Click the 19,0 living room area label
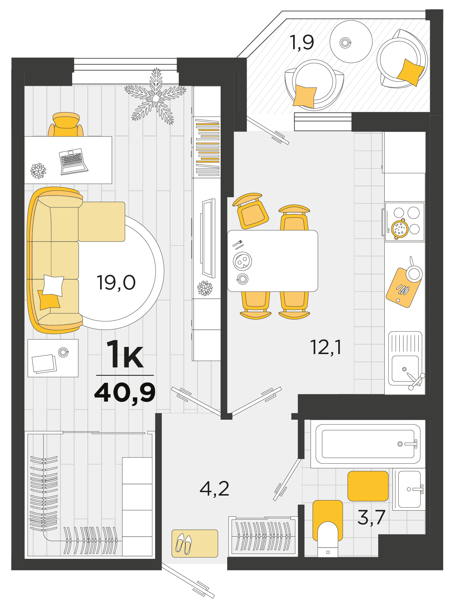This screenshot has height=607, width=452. (x=116, y=283)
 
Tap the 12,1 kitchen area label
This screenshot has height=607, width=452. (x=325, y=347)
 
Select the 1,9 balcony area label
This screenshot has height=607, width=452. (x=302, y=42)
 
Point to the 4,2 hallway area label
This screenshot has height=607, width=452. (x=214, y=489)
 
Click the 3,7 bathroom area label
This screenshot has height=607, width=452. (x=371, y=517)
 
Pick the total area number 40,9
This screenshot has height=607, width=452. (x=125, y=393)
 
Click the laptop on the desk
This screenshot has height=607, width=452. (x=73, y=162)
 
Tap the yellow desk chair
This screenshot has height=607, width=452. (x=66, y=125)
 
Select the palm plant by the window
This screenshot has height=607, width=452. (x=156, y=96)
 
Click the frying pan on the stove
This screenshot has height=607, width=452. (x=399, y=229)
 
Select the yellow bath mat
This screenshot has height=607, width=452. (x=368, y=486)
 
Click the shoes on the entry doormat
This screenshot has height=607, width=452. (x=183, y=544)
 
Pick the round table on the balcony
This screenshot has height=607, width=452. (x=351, y=42)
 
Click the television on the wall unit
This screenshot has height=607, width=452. (x=208, y=239)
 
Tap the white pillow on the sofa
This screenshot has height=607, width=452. (x=53, y=285)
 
